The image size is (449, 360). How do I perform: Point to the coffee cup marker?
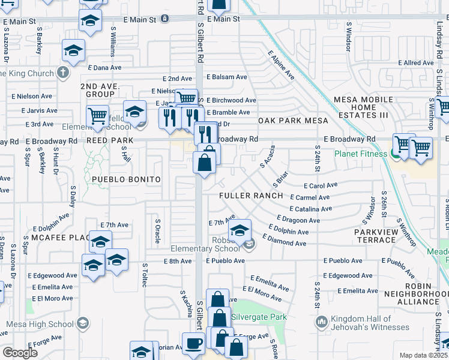(193, 344)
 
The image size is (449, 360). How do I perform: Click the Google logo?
(20, 353)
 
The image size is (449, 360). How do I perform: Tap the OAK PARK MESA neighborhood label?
(294, 121)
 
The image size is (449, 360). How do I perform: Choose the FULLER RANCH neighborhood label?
(251, 196)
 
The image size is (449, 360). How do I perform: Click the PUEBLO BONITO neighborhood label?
(127, 179)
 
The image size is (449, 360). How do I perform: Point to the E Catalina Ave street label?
(310, 209)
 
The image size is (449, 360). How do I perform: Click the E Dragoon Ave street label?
(298, 220)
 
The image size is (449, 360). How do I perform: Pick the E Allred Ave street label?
(416, 62)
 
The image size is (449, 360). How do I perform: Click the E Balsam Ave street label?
(227, 77)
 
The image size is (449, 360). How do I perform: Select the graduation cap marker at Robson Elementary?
(240, 230)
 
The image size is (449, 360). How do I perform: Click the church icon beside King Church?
(62, 73)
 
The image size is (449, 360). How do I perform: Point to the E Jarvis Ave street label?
(40, 110)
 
